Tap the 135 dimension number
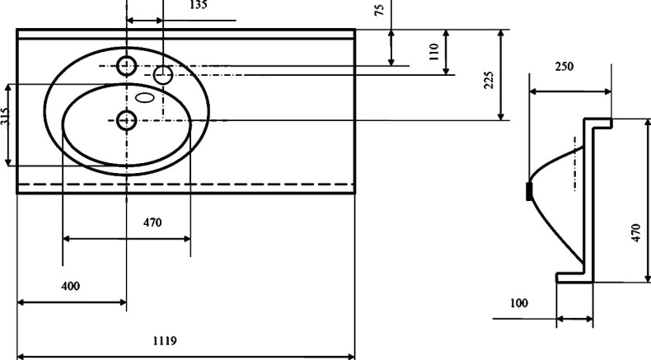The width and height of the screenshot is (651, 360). tap(199, 4)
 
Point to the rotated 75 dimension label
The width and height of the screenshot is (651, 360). tap(378, 9)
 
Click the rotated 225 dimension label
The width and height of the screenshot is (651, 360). tap(488, 80)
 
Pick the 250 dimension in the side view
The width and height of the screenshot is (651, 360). tap(564, 66)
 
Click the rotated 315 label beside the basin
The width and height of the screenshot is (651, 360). tap(5, 116)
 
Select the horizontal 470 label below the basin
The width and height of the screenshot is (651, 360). tap(152, 222)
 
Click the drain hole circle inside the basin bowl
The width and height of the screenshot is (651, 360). tap(126, 120)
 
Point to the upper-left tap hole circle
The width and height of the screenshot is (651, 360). tap(126, 65)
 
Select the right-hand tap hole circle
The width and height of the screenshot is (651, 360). tap(163, 76)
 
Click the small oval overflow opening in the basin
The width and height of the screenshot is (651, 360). tap(145, 98)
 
